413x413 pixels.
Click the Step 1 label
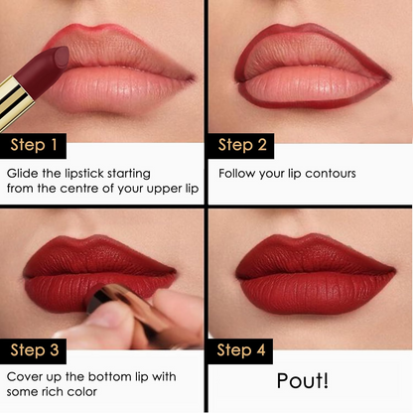pyautogui.click(x=34, y=146)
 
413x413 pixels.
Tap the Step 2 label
pyautogui.click(x=242, y=145)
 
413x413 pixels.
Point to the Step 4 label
pyautogui.click(x=243, y=349)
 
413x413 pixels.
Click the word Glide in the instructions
pyautogui.click(x=24, y=173)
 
